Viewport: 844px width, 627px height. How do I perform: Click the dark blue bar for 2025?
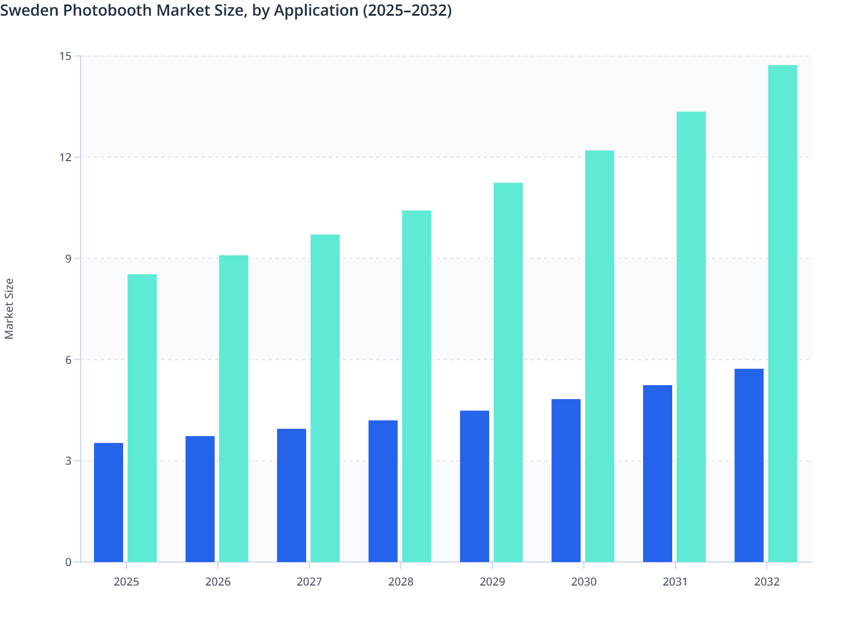coord(109,502)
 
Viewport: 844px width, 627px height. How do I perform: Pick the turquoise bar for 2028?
coord(416,386)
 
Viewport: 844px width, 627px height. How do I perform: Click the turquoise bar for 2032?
coord(782,313)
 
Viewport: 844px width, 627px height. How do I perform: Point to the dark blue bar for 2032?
coord(749,465)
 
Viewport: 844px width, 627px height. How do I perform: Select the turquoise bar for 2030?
coord(599,356)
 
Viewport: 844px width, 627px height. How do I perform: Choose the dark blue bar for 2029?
coord(475,486)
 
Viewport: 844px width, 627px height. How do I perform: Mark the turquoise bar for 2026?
coord(233,408)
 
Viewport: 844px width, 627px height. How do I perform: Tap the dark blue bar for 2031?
coord(658,473)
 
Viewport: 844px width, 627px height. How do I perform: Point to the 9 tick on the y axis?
coord(68,259)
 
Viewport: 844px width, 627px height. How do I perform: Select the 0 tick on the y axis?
coord(68,562)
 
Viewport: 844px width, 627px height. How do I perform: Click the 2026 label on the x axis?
coord(218,582)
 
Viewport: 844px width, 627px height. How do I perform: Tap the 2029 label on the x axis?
coord(493,582)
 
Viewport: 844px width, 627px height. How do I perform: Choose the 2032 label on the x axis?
coord(767,582)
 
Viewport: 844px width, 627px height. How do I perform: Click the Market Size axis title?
coord(9,308)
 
